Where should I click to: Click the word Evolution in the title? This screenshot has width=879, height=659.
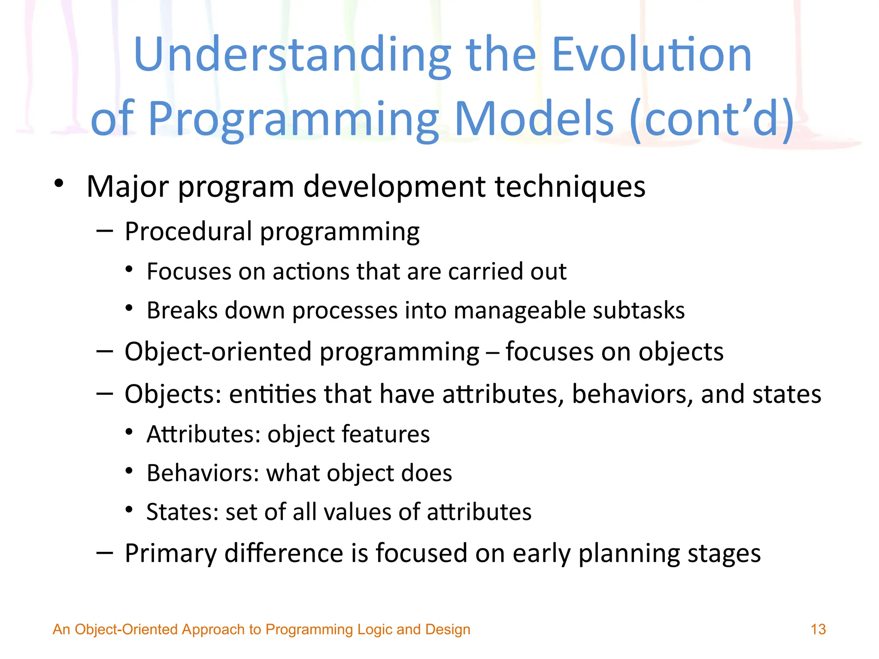click(x=652, y=54)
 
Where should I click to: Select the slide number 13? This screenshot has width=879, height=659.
click(x=818, y=629)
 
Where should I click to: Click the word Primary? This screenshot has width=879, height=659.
click(x=171, y=553)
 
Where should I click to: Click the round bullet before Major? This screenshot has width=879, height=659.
click(x=59, y=184)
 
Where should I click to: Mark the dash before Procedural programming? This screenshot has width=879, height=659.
click(x=105, y=231)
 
